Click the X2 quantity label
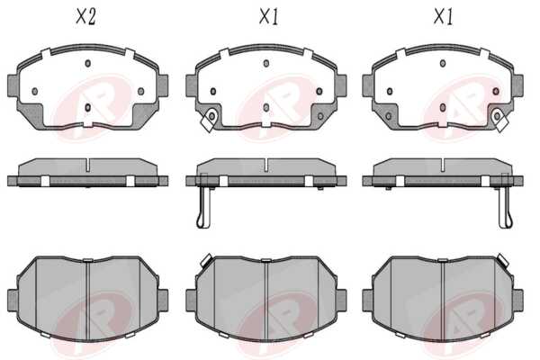point(85,16)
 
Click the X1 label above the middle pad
point(268,16)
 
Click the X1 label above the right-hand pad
point(443,16)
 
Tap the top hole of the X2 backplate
point(87,63)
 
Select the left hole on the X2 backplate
point(34,91)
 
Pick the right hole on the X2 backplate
point(141,91)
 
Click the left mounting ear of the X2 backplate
point(12,85)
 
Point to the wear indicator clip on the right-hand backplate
point(500,119)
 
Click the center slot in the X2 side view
point(87,165)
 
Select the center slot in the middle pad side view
point(266,165)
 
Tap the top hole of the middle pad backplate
point(265,63)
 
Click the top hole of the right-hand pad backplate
point(443,63)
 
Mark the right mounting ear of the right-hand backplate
point(518,85)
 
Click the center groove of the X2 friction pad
point(88,300)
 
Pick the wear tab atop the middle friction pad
point(207,260)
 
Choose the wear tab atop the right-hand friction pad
point(503,260)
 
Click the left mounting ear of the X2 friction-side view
point(13,301)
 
